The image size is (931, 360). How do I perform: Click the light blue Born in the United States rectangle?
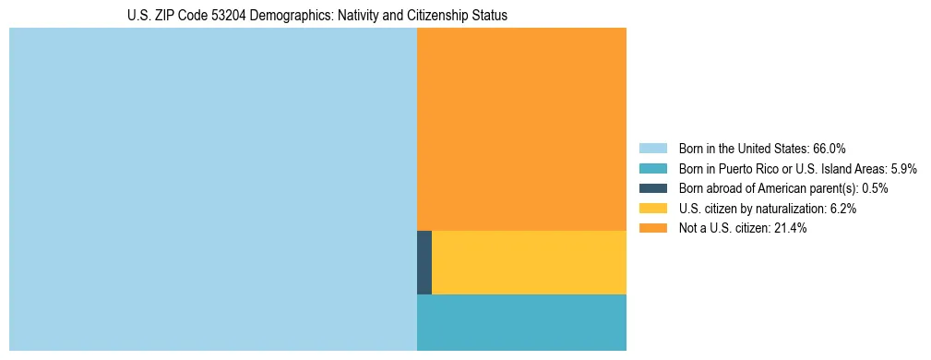point(212,189)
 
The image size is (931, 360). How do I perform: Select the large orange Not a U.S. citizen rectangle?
point(521,128)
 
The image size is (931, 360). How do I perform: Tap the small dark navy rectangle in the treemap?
point(424,262)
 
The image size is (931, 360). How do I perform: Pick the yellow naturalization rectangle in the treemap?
point(529,262)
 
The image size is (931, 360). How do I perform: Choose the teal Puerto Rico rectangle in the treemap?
point(521,322)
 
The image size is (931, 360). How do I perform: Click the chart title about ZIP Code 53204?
point(317,16)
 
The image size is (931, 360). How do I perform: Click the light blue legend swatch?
point(652,149)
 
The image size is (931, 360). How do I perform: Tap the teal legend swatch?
point(652,169)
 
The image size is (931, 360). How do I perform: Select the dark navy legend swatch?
point(652,188)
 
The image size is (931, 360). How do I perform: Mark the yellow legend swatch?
point(652,209)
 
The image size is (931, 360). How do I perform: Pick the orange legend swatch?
point(652,228)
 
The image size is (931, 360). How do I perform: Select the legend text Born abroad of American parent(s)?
point(767,188)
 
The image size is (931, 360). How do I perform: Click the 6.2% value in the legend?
point(841,209)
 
